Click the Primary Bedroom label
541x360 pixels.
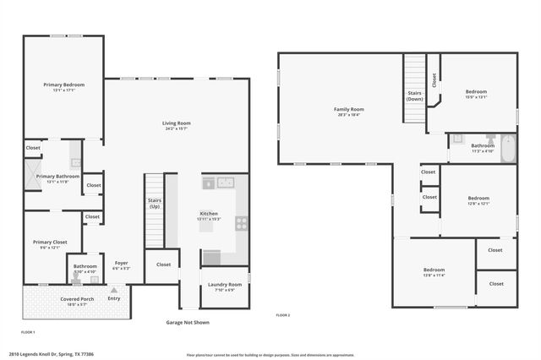(64, 85)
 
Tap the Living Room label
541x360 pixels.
(176, 124)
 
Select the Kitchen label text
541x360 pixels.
(209, 213)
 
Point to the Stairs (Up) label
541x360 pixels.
(155, 203)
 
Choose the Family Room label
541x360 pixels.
(348, 109)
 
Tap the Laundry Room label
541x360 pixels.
(225, 285)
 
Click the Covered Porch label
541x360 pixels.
(76, 299)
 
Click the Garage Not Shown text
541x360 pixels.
(188, 322)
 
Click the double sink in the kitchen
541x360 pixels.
(225, 182)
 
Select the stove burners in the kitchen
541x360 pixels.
(241, 224)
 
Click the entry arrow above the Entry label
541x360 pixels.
(113, 290)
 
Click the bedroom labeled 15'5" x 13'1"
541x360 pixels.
(477, 91)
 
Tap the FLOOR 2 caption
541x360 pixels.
(282, 314)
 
